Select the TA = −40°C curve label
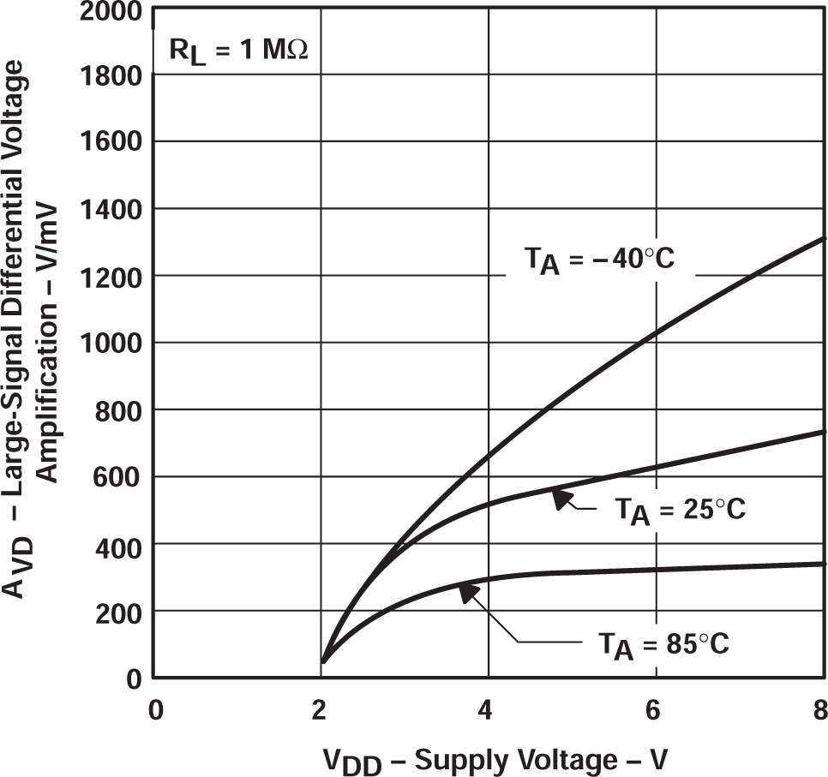(599, 258)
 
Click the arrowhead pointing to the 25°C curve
(561, 498)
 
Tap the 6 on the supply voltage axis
(656, 710)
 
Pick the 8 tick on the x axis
(819, 710)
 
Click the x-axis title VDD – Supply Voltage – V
(495, 758)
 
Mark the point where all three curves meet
(323, 661)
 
